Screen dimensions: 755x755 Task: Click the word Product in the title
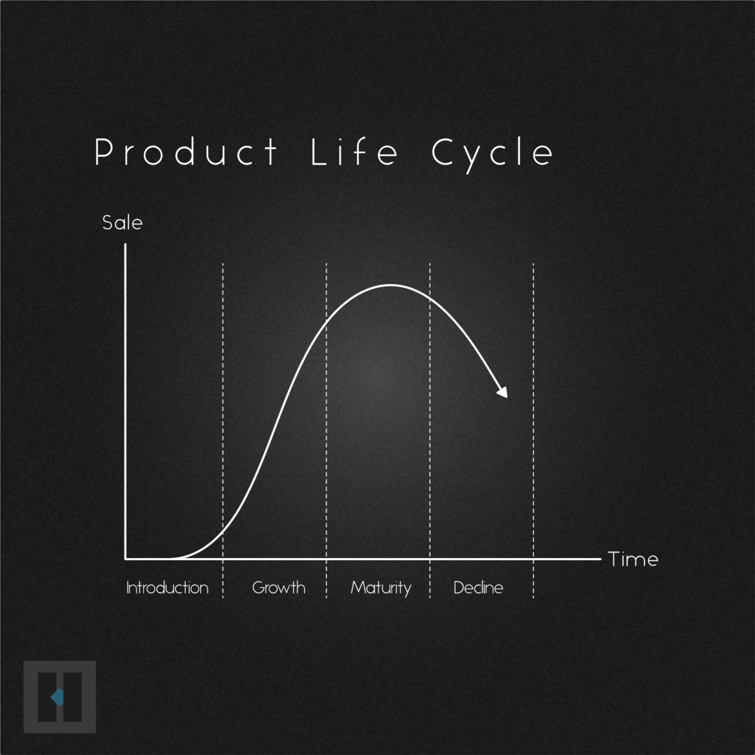(x=186, y=153)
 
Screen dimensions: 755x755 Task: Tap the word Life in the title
(x=354, y=153)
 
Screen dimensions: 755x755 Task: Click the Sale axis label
(x=122, y=223)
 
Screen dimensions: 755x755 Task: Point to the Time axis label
(x=633, y=559)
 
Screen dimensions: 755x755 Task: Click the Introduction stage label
(x=167, y=588)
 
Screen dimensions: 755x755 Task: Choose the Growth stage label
(x=279, y=588)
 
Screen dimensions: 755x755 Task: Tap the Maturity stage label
(x=381, y=588)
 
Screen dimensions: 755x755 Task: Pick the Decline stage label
(x=478, y=588)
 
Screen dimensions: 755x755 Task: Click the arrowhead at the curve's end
(x=502, y=391)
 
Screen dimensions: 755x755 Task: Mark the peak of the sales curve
(x=390, y=285)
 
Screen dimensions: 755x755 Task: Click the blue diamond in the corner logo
(x=57, y=697)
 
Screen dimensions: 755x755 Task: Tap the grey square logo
(x=60, y=697)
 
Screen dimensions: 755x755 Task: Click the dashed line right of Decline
(x=534, y=419)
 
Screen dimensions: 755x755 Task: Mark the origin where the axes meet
(x=125, y=558)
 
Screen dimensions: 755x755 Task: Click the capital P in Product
(x=104, y=152)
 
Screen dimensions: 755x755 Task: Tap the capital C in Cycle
(x=442, y=152)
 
